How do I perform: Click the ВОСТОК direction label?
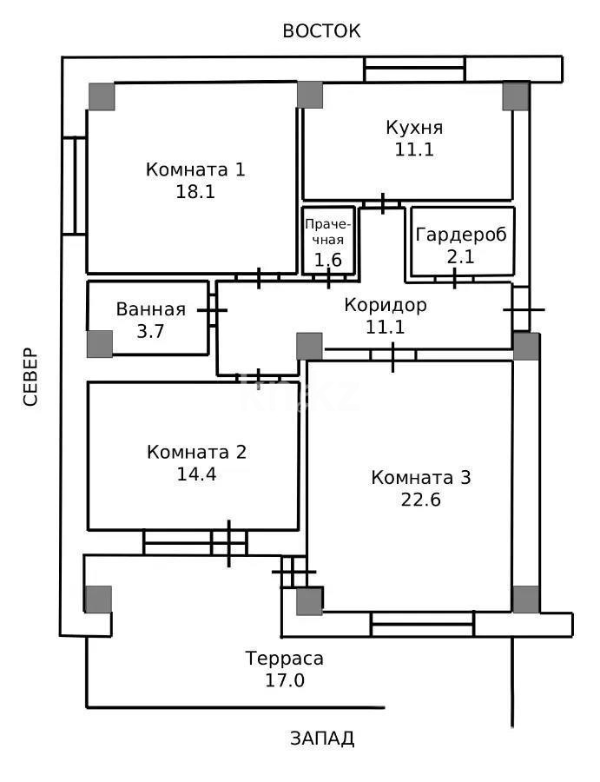click(321, 31)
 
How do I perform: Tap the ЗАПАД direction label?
click(322, 739)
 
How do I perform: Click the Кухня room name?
click(414, 128)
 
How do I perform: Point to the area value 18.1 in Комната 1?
click(195, 192)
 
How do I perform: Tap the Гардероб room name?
click(460, 235)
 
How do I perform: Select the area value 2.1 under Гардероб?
click(460, 257)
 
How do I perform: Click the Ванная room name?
click(150, 309)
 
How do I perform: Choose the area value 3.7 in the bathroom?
click(150, 331)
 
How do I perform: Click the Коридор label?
click(386, 305)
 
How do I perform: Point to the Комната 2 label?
click(196, 452)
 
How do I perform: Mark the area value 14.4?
click(196, 474)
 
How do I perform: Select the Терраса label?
click(285, 659)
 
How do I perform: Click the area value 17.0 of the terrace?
click(285, 680)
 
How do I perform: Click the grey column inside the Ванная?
click(100, 343)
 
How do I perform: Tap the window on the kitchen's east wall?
click(414, 69)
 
